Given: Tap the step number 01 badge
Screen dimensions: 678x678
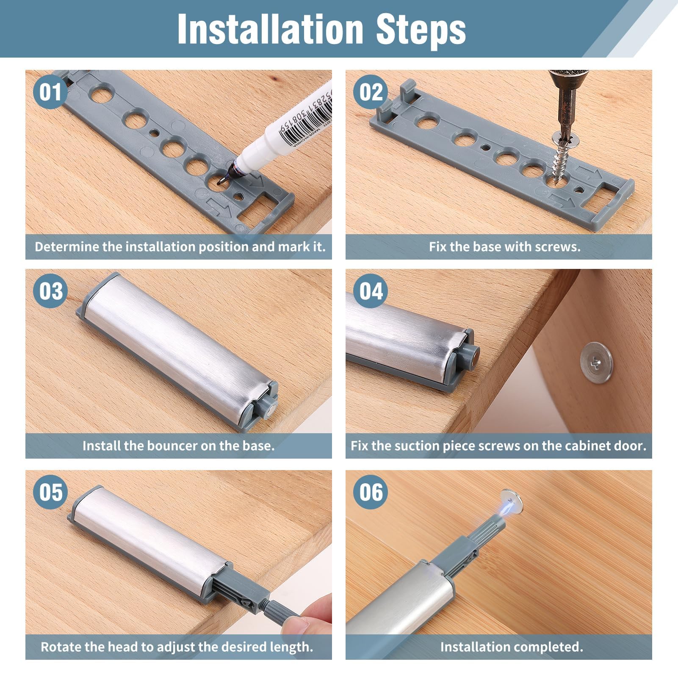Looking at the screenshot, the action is click(50, 92).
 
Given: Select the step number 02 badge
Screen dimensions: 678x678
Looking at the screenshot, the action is click(371, 92).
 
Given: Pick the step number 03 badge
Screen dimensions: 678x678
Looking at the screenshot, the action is click(50, 291).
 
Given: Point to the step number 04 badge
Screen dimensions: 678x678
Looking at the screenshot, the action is click(371, 291).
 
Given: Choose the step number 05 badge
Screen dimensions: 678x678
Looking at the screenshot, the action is click(50, 492).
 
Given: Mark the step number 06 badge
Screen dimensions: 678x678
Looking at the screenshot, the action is click(371, 492).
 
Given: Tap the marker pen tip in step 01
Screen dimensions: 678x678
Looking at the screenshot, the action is click(220, 182).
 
